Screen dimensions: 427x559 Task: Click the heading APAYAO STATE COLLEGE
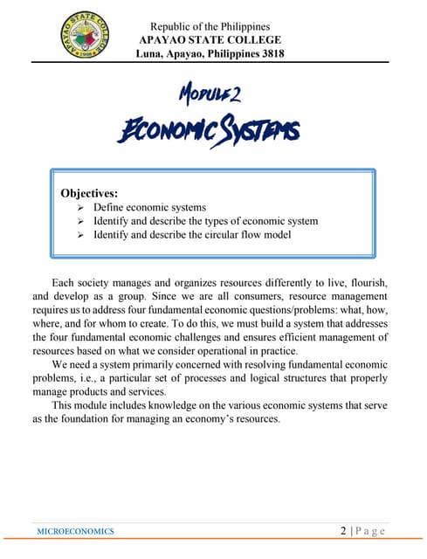point(210,40)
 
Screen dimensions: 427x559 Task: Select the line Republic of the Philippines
point(210,26)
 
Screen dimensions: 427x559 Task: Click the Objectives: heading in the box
point(89,192)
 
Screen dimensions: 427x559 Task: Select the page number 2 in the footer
point(345,530)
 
